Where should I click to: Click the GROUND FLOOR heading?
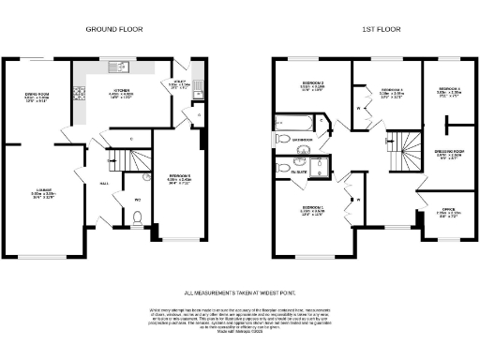(x=113, y=29)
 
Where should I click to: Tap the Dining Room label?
(x=37, y=97)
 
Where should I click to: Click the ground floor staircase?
(x=122, y=160)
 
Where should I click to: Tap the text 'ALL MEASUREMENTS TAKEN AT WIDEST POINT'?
(x=240, y=293)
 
